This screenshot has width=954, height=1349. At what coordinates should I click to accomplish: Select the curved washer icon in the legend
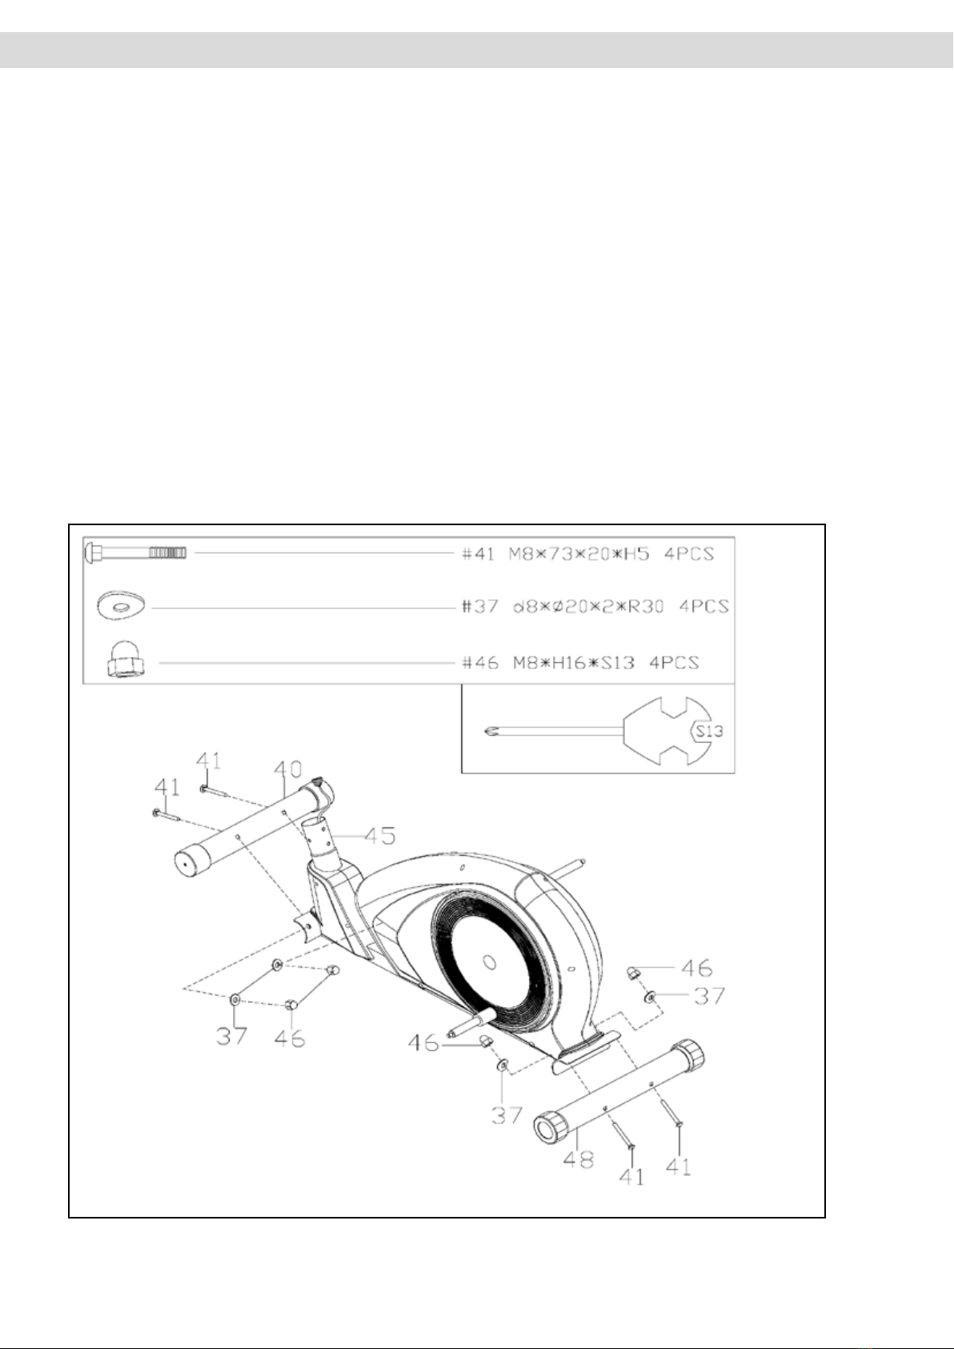[121, 607]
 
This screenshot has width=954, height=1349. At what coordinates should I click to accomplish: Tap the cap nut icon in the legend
[126, 660]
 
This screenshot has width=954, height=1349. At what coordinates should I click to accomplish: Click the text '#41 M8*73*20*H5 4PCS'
[587, 553]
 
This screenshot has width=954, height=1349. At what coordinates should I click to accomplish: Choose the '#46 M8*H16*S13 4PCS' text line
[580, 662]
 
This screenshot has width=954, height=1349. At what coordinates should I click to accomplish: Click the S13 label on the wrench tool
[708, 731]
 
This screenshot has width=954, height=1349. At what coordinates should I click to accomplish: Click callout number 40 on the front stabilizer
[287, 769]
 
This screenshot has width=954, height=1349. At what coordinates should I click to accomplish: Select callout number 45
[380, 836]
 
